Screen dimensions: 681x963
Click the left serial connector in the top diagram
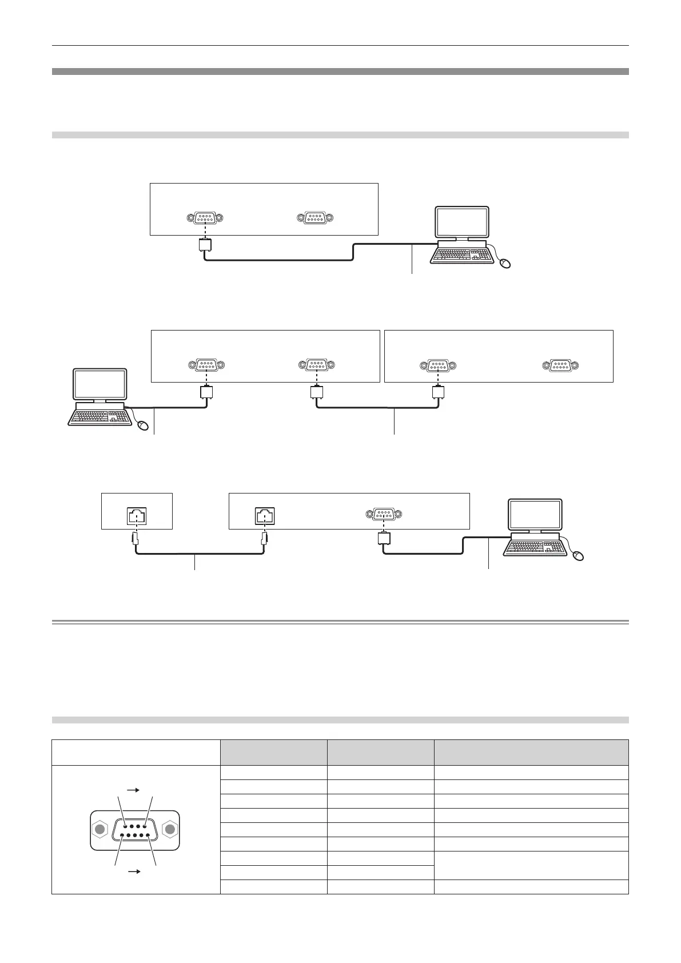tap(205, 218)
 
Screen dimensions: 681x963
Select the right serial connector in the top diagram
tap(315, 218)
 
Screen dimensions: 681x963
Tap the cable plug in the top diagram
tap(205, 245)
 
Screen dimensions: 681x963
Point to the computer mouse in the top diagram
tap(504, 263)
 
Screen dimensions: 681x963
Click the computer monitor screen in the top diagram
tap(462, 222)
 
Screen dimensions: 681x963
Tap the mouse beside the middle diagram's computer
tap(143, 425)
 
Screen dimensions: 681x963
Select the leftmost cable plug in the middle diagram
tap(206, 392)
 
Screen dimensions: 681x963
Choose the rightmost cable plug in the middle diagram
tap(438, 392)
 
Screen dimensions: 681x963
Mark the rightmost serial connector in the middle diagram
tap(560, 365)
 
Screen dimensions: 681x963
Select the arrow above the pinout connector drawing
tap(134, 789)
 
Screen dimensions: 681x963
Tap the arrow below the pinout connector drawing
tap(134, 872)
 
